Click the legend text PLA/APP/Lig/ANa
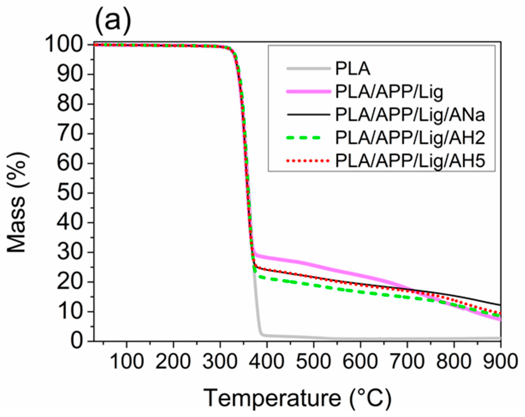click(x=410, y=115)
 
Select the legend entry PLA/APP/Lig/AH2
click(x=410, y=138)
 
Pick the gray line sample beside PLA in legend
click(x=309, y=68)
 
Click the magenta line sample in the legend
click(x=309, y=92)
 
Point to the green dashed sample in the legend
click(x=309, y=138)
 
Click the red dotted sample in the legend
click(x=309, y=161)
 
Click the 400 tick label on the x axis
click(x=267, y=362)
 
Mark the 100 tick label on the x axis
click(x=127, y=362)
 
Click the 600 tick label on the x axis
click(x=360, y=362)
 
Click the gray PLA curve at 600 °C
click(x=360, y=338)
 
